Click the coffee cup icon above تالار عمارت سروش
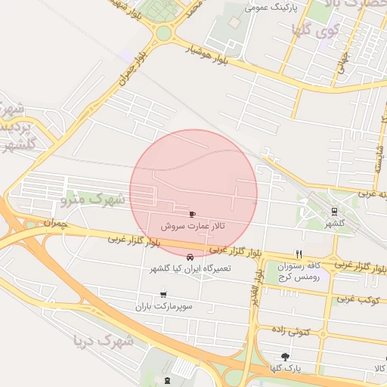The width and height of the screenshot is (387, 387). pos(192,214)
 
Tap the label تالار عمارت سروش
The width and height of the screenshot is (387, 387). pos(192,226)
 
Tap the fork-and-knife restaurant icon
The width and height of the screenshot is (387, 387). pos(299,254)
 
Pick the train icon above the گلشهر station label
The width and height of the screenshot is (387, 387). pos(334,211)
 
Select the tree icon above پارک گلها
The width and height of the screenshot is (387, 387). pos(285,357)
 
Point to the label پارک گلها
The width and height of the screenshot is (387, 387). pos(285,369)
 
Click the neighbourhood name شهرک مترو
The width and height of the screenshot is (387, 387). pos(94,200)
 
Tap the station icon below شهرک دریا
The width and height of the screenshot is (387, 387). pos(167,379)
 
